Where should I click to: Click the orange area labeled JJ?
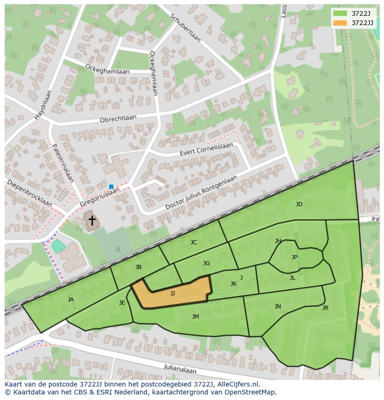click(173, 294)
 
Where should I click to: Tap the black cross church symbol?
click(92, 220)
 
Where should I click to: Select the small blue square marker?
click(111, 187)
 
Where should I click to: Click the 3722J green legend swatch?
click(340, 13)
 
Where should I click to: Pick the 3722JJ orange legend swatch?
click(340, 23)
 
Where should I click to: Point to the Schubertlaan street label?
click(186, 27)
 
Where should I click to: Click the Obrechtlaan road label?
click(118, 119)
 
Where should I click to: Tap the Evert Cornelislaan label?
click(206, 150)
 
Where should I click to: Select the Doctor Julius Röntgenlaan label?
click(201, 193)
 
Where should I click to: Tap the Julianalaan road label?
click(180, 369)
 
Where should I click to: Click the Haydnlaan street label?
click(43, 104)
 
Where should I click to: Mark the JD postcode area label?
click(299, 204)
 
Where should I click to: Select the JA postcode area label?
click(70, 300)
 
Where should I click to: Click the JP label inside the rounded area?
click(294, 257)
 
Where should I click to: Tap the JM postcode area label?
click(195, 317)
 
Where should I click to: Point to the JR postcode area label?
click(325, 308)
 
